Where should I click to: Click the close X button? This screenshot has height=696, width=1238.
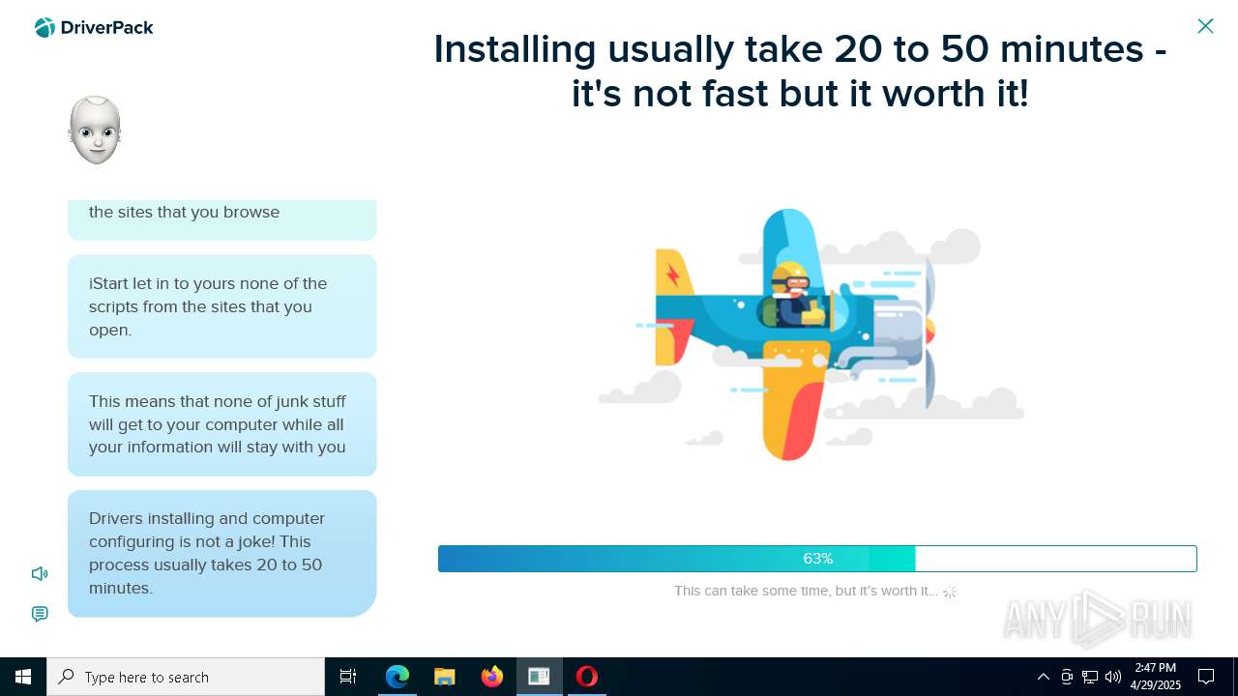[1205, 26]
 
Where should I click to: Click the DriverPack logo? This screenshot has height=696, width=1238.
[94, 28]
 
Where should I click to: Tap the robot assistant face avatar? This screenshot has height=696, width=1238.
[95, 130]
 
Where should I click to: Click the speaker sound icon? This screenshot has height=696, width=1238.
[40, 574]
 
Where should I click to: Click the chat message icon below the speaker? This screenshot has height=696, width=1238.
[40, 614]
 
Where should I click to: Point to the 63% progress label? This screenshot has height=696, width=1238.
[817, 559]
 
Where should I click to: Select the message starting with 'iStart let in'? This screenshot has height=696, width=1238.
[221, 306]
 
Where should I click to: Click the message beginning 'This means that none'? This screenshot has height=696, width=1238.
[221, 424]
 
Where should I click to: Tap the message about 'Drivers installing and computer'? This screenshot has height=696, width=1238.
[221, 553]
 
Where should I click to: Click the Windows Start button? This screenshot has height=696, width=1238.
[23, 677]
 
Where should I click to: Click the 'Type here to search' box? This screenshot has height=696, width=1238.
[186, 677]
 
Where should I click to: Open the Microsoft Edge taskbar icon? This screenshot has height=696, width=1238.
[398, 677]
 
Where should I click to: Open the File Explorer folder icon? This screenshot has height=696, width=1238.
[445, 677]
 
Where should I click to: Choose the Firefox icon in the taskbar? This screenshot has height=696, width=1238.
[492, 677]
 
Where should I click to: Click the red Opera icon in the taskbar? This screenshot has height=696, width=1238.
[587, 677]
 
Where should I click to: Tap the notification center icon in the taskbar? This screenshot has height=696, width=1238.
[1206, 677]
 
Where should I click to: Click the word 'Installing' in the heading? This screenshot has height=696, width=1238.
[514, 48]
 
